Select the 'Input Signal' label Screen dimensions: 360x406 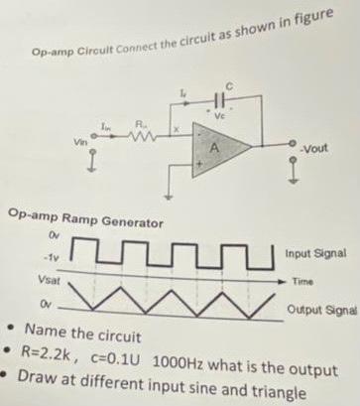317,254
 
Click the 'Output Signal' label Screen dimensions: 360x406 322,310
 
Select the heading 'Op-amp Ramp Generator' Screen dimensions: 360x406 78,217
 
